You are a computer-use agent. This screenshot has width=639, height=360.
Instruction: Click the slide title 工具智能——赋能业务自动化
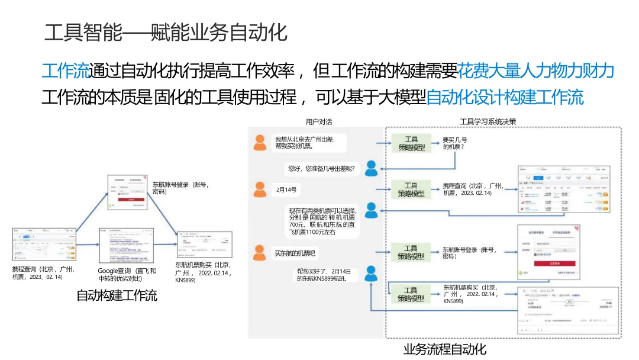point(166,33)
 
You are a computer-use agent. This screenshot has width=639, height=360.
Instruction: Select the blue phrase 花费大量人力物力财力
point(536,71)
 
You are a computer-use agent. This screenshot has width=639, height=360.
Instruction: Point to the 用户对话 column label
point(319,122)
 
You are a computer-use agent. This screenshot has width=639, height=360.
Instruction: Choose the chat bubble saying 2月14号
point(286,190)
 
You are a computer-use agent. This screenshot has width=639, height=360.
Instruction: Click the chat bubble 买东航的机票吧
point(295,254)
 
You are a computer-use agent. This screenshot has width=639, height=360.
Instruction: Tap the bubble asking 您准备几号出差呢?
point(320,169)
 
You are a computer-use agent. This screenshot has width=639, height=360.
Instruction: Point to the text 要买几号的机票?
point(454,144)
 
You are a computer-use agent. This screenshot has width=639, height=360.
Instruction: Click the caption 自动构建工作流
point(117,295)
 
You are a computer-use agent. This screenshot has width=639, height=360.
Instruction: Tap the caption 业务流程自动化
point(444,349)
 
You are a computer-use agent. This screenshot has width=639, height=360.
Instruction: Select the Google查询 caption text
point(127,274)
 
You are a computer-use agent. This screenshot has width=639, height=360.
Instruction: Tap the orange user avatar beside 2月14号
point(259,189)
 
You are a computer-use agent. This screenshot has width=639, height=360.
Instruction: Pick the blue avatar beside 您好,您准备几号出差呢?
point(371,169)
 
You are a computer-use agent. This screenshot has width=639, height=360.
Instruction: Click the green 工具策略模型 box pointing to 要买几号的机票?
point(411,143)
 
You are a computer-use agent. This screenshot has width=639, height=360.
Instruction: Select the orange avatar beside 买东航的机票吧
point(259,253)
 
